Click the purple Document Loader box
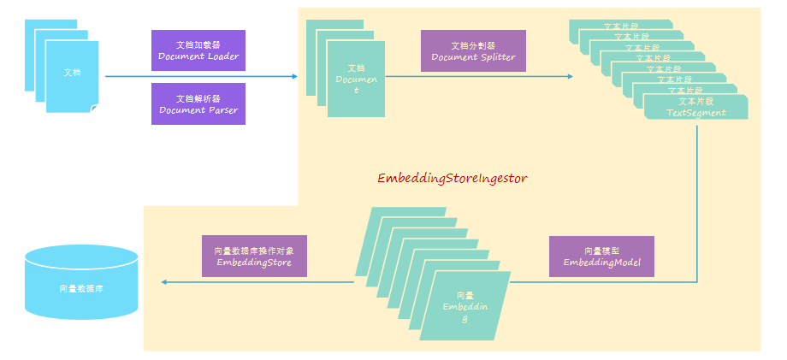198,50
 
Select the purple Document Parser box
198,103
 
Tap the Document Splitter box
473,50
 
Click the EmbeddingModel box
601,257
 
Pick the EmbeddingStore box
254,257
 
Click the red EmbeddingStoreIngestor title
453,179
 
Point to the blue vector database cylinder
82,281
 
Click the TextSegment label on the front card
695,112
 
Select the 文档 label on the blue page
73,72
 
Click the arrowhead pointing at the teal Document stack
295,76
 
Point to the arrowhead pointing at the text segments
571,76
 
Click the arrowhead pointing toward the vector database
164,281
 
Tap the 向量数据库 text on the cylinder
82,289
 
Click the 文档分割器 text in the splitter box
473,45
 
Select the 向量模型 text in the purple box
601,251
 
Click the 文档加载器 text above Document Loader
198,44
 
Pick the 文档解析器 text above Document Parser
198,97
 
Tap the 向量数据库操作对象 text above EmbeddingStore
254,251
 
